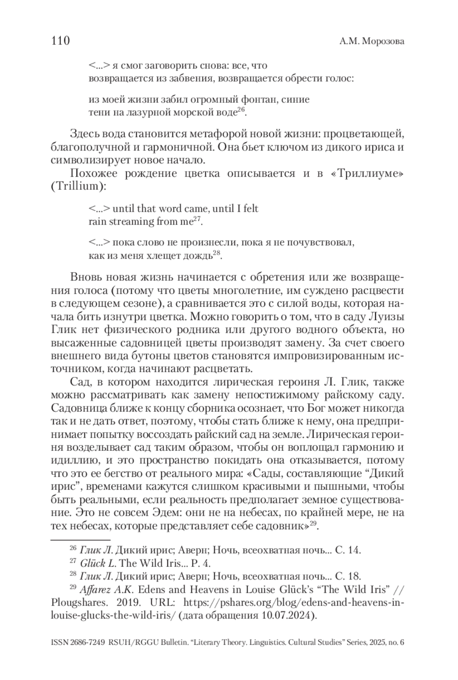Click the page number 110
[x=60, y=40]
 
